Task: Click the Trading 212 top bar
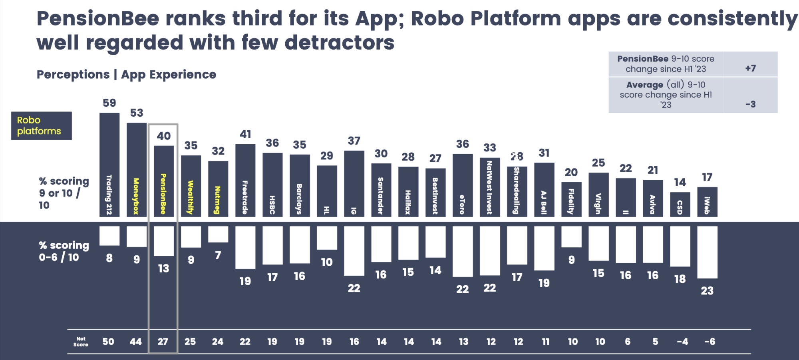coord(109,164)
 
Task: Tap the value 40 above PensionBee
coord(163,136)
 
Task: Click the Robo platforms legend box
coord(41,125)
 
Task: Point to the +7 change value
coord(750,68)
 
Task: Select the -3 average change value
coord(750,104)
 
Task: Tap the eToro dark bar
coord(462,185)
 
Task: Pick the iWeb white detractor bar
coord(707,252)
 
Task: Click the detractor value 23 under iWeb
coord(707,290)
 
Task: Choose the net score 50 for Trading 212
coord(108,342)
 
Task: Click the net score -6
coord(710,342)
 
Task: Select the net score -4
coord(682,342)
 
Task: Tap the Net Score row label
coord(81,342)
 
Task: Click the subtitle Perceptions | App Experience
coord(126,75)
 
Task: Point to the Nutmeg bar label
coord(218,200)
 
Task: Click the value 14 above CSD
coord(680,182)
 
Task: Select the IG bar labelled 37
coord(354,183)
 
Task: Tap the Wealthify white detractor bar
coord(191,237)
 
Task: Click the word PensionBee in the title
coord(98,19)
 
